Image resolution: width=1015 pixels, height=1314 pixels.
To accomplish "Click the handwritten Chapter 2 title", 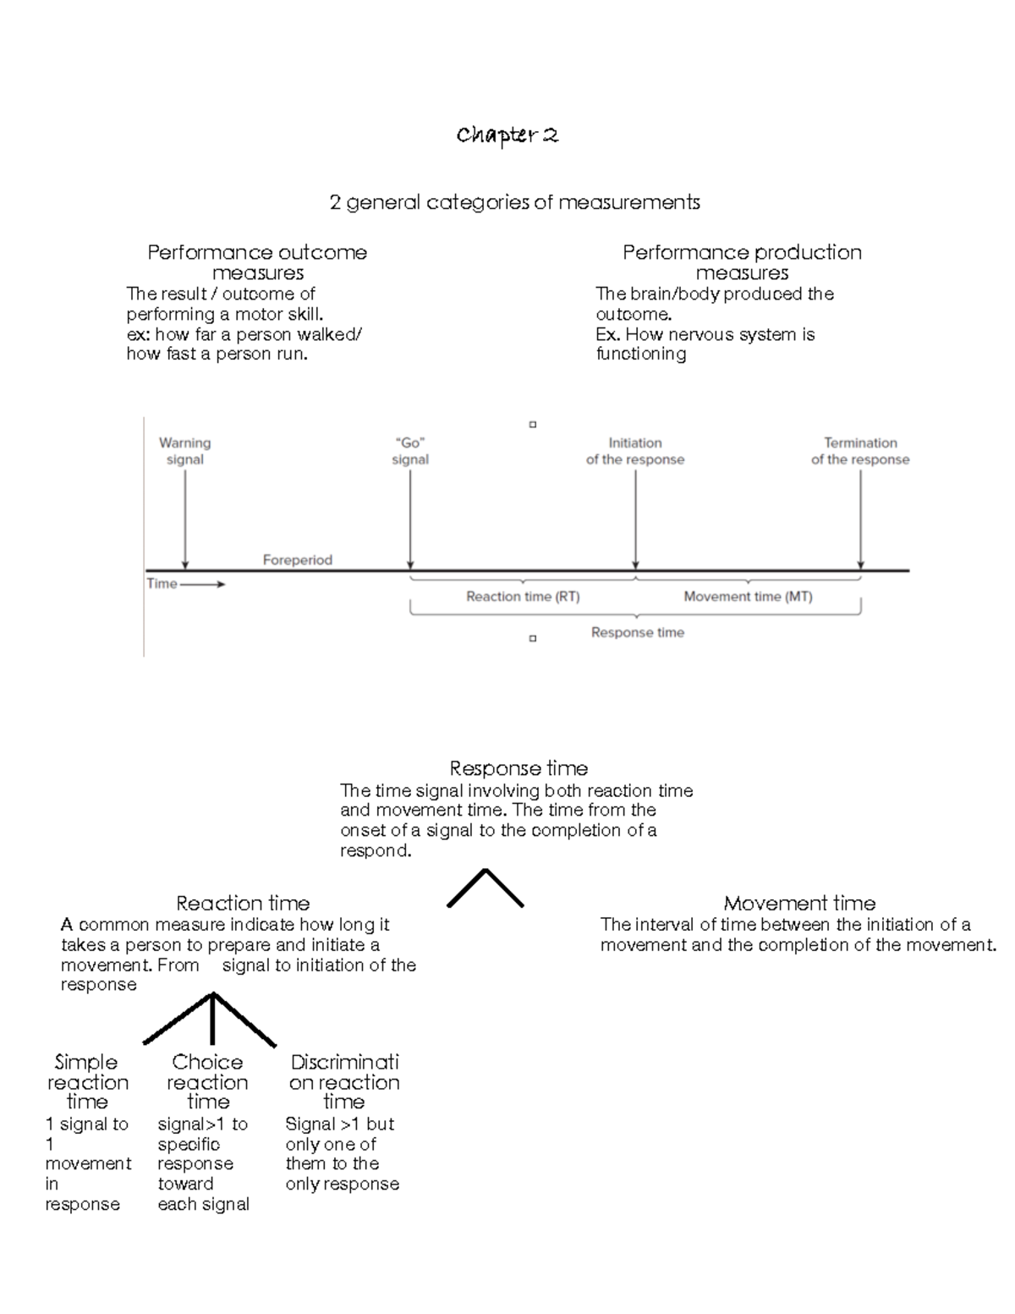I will coord(507,135).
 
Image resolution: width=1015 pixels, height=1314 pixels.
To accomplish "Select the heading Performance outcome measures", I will coord(257,262).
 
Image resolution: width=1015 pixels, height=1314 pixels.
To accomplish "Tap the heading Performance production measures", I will coord(742,262).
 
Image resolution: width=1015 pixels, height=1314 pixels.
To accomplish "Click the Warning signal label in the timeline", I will coord(184,451).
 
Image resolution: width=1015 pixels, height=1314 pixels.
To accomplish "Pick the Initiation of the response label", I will coord(635,451).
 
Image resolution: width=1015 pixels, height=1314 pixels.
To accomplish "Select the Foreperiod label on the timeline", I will coord(297,560).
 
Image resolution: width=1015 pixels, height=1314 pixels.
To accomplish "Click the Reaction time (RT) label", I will coord(523,597).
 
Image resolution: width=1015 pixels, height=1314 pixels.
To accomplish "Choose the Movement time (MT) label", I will coord(748,597).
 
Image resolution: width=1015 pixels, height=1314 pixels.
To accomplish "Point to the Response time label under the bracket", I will coord(637,632).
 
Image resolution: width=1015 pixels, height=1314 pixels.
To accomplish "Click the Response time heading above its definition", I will coord(518,768).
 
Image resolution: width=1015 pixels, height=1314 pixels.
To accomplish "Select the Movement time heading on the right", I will coord(799,903).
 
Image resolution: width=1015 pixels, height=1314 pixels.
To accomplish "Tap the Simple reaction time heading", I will coord(87,1081).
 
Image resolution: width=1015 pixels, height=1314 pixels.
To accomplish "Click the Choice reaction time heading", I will coord(207,1081).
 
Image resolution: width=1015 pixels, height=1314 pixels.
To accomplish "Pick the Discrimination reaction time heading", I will coord(344,1081).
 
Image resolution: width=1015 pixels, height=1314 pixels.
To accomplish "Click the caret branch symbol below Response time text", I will coord(485,888).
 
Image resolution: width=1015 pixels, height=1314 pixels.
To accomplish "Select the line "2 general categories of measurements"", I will coord(514,202).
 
